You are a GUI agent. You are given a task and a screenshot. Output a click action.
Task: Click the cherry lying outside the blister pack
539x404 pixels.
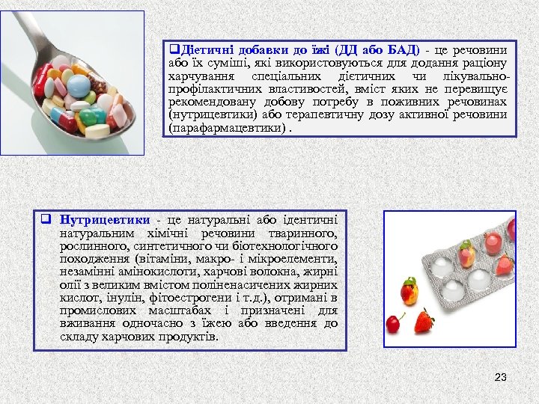point(393,322)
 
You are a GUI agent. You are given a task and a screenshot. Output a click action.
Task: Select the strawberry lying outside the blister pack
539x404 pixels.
point(424,322)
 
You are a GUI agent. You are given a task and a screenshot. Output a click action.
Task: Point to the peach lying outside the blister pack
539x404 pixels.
point(409,290)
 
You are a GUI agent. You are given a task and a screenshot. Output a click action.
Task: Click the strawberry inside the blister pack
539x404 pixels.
point(504,264)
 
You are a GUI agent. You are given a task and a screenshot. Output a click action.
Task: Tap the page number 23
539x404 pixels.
point(501,377)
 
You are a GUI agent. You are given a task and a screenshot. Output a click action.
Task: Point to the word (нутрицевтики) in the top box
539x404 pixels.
point(217,115)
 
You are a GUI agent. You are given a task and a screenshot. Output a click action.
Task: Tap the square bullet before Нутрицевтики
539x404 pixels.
point(46,220)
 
